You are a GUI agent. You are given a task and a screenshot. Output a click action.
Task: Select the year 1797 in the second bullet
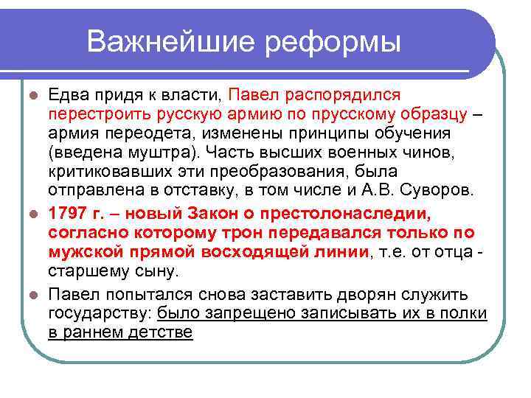[x=64, y=214]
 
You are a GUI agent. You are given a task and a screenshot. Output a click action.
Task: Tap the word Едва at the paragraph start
[x=66, y=95]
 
